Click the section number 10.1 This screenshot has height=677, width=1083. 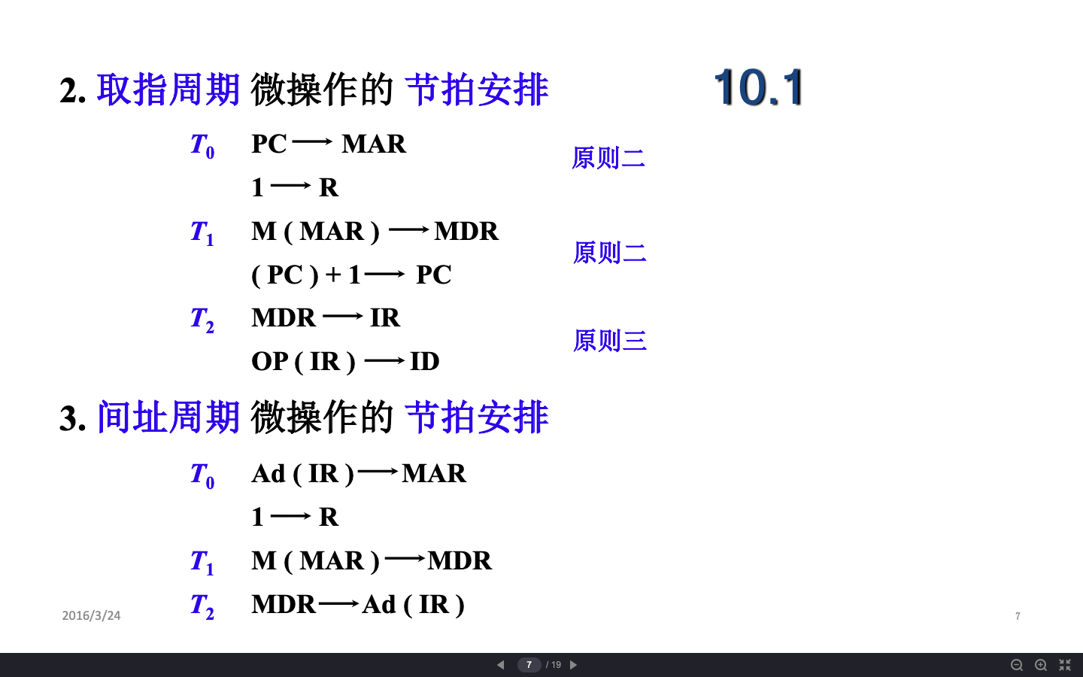pyautogui.click(x=758, y=87)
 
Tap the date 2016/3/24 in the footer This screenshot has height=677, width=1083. pyautogui.click(x=92, y=615)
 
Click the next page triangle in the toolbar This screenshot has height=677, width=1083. pyautogui.click(x=573, y=665)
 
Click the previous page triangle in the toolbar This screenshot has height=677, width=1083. pyautogui.click(x=500, y=665)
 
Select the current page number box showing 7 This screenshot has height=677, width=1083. pyautogui.click(x=529, y=665)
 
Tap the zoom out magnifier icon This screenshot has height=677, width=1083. pyautogui.click(x=1017, y=665)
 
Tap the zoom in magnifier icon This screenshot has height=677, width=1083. pyautogui.click(x=1041, y=665)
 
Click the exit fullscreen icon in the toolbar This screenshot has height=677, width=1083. pyautogui.click(x=1065, y=665)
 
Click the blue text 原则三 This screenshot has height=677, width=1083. pyautogui.click(x=610, y=341)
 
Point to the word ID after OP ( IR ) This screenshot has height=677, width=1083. pyautogui.click(x=424, y=361)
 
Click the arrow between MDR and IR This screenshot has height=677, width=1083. pyautogui.click(x=343, y=317)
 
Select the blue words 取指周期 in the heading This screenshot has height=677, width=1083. pyautogui.click(x=168, y=90)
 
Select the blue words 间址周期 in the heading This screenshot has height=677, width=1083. pyautogui.click(x=168, y=417)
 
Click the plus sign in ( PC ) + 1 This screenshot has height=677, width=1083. pyautogui.click(x=333, y=275)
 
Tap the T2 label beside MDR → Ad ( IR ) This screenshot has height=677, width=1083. pyautogui.click(x=202, y=606)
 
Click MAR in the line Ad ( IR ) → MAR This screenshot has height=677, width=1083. pyautogui.click(x=434, y=473)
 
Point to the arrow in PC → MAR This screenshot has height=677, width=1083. pyautogui.click(x=312, y=141)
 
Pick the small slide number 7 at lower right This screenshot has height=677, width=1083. pyautogui.click(x=1018, y=616)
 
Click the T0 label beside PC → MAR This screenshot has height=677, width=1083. pyautogui.click(x=202, y=146)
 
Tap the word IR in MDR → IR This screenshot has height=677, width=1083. pyautogui.click(x=385, y=317)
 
